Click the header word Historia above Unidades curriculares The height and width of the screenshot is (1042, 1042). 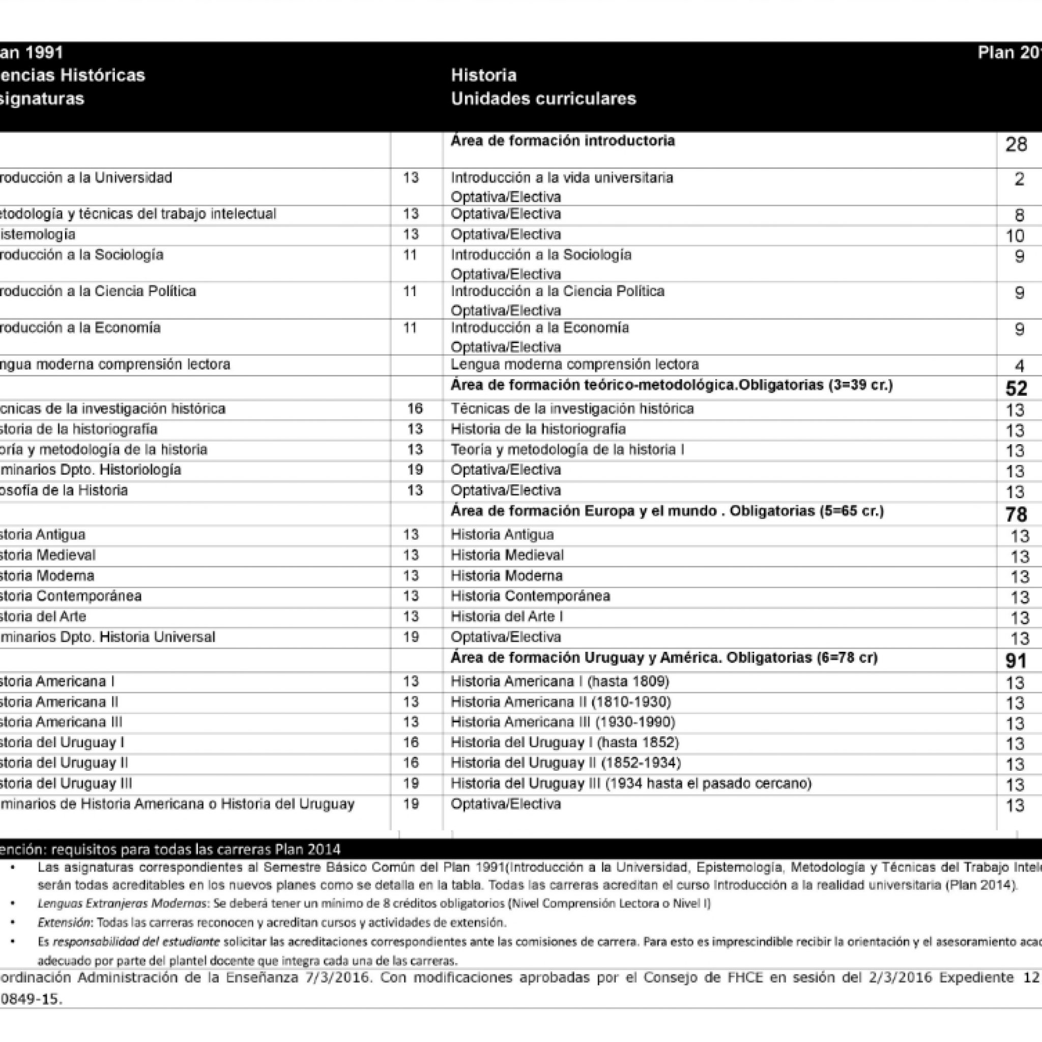click(484, 75)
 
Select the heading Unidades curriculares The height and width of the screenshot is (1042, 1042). click(543, 99)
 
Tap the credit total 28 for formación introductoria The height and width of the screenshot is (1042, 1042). click(1016, 145)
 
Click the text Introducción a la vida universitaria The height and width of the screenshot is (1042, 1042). click(562, 178)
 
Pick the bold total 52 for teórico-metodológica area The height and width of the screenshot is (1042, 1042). click(1016, 388)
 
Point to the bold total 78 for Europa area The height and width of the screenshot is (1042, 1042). click(1016, 514)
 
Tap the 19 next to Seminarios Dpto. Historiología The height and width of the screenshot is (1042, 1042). click(415, 470)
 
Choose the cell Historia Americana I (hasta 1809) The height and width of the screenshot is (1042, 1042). click(560, 682)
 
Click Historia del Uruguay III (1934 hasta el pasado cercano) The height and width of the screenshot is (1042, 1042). click(631, 784)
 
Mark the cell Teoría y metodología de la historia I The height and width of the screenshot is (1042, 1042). click(567, 450)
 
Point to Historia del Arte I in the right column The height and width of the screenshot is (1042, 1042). click(507, 617)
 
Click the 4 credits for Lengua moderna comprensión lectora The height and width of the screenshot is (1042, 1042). click(1019, 367)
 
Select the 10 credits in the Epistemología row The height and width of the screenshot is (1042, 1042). click(1015, 236)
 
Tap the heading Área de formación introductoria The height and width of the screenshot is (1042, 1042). click(563, 141)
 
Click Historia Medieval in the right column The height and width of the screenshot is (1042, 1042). click(507, 555)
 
